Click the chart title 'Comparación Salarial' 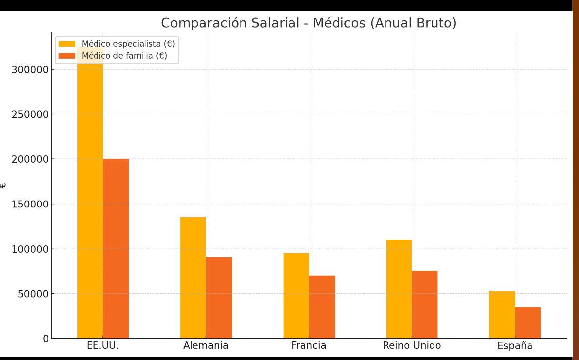click(x=308, y=23)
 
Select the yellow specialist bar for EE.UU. click(x=90, y=198)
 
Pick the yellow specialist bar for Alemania click(x=193, y=278)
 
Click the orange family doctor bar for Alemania click(x=219, y=298)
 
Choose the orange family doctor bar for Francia click(x=322, y=307)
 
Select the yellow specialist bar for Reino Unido click(x=399, y=289)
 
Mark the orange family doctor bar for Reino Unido click(x=425, y=305)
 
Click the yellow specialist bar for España click(x=502, y=314)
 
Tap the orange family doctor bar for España click(x=528, y=322)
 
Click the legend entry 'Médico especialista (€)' click(x=128, y=44)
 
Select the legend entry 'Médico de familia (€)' click(x=124, y=56)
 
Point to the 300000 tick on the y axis click(x=30, y=69)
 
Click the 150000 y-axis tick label click(x=30, y=204)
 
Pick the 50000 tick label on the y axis click(x=32, y=294)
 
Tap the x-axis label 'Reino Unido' click(x=412, y=346)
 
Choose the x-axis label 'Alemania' click(x=206, y=346)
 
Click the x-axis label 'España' click(x=515, y=346)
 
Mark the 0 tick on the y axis click(x=46, y=339)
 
